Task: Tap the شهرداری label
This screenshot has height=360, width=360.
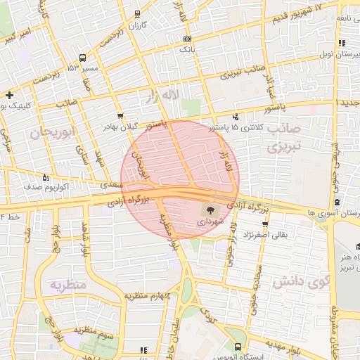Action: [210, 221]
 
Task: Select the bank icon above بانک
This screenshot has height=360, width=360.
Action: [186, 39]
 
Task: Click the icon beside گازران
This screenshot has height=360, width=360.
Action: [136, 14]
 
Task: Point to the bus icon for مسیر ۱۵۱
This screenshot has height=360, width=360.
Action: [83, 58]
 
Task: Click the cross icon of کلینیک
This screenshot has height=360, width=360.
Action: [8, 94]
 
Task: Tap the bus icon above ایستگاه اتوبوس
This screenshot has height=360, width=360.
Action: [238, 347]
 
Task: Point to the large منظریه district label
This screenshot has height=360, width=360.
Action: [67, 285]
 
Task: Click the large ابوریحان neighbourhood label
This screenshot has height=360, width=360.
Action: [52, 132]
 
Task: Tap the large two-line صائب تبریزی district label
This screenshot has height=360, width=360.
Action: [284, 139]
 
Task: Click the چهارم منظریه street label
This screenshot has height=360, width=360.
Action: [148, 296]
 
